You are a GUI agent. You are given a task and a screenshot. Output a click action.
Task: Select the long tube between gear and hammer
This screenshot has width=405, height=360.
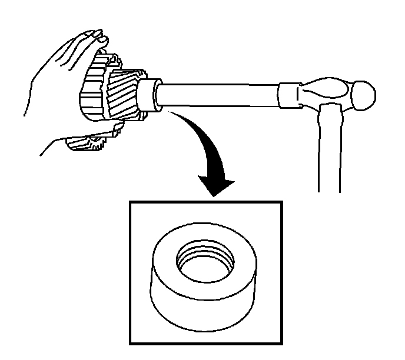coord(218,94)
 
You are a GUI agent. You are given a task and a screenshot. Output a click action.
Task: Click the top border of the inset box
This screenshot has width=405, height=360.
coord(206,203)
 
